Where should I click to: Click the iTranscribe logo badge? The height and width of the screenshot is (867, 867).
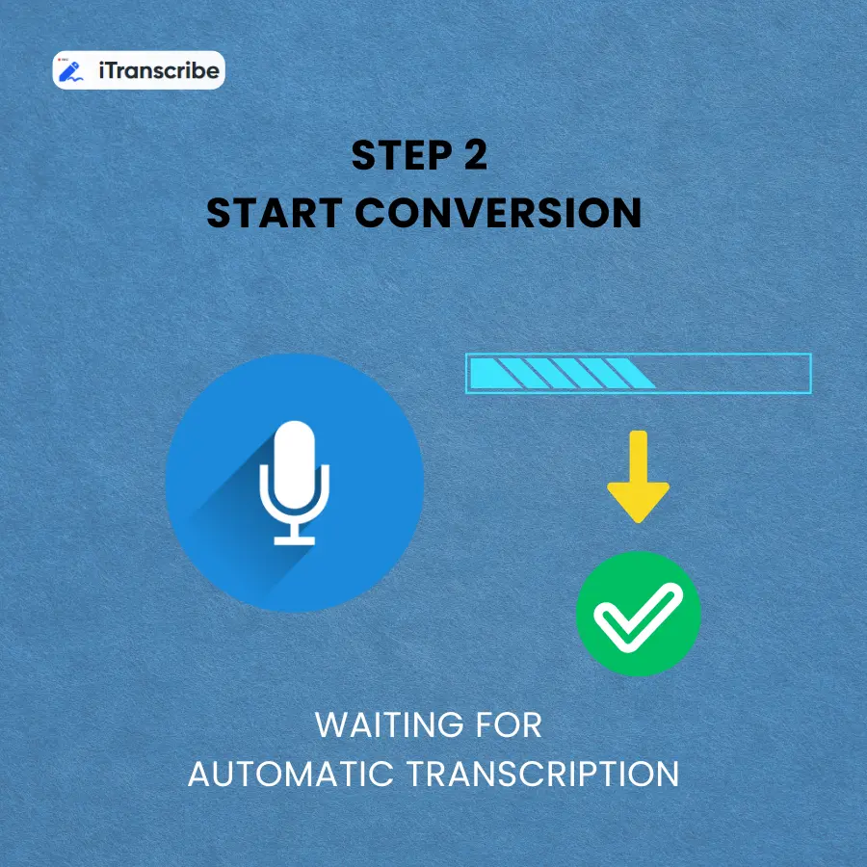tap(139, 70)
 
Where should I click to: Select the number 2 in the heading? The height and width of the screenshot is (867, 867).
tap(472, 156)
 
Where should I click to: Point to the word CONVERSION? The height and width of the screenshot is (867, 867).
tap(499, 213)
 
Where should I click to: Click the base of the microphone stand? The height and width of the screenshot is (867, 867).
tap(294, 540)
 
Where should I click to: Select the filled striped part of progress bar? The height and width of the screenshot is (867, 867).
tap(559, 373)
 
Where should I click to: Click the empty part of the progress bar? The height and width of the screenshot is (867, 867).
tap(732, 373)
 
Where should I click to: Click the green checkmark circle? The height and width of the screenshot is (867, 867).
tap(638, 614)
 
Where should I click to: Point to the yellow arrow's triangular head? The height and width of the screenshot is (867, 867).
tap(638, 501)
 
